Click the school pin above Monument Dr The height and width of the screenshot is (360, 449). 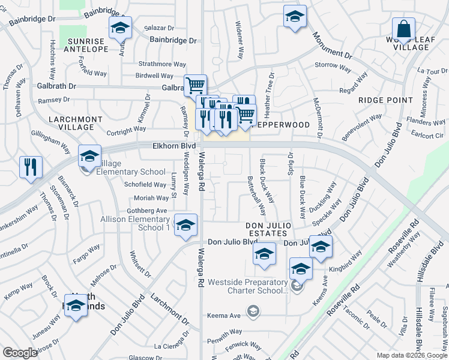tap(295, 17)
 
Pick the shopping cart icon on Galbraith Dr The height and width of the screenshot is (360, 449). tap(195, 86)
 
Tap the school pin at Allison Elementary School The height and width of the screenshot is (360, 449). tap(186, 225)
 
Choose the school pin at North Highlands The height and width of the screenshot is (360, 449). tap(76, 306)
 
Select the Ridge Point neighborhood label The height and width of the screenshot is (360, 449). tap(386, 100)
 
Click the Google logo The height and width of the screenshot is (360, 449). tap(20, 353)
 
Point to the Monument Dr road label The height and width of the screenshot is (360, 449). tap(331, 46)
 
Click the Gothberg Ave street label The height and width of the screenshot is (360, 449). tap(146, 211)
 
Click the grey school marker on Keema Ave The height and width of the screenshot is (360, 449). tap(254, 310)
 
